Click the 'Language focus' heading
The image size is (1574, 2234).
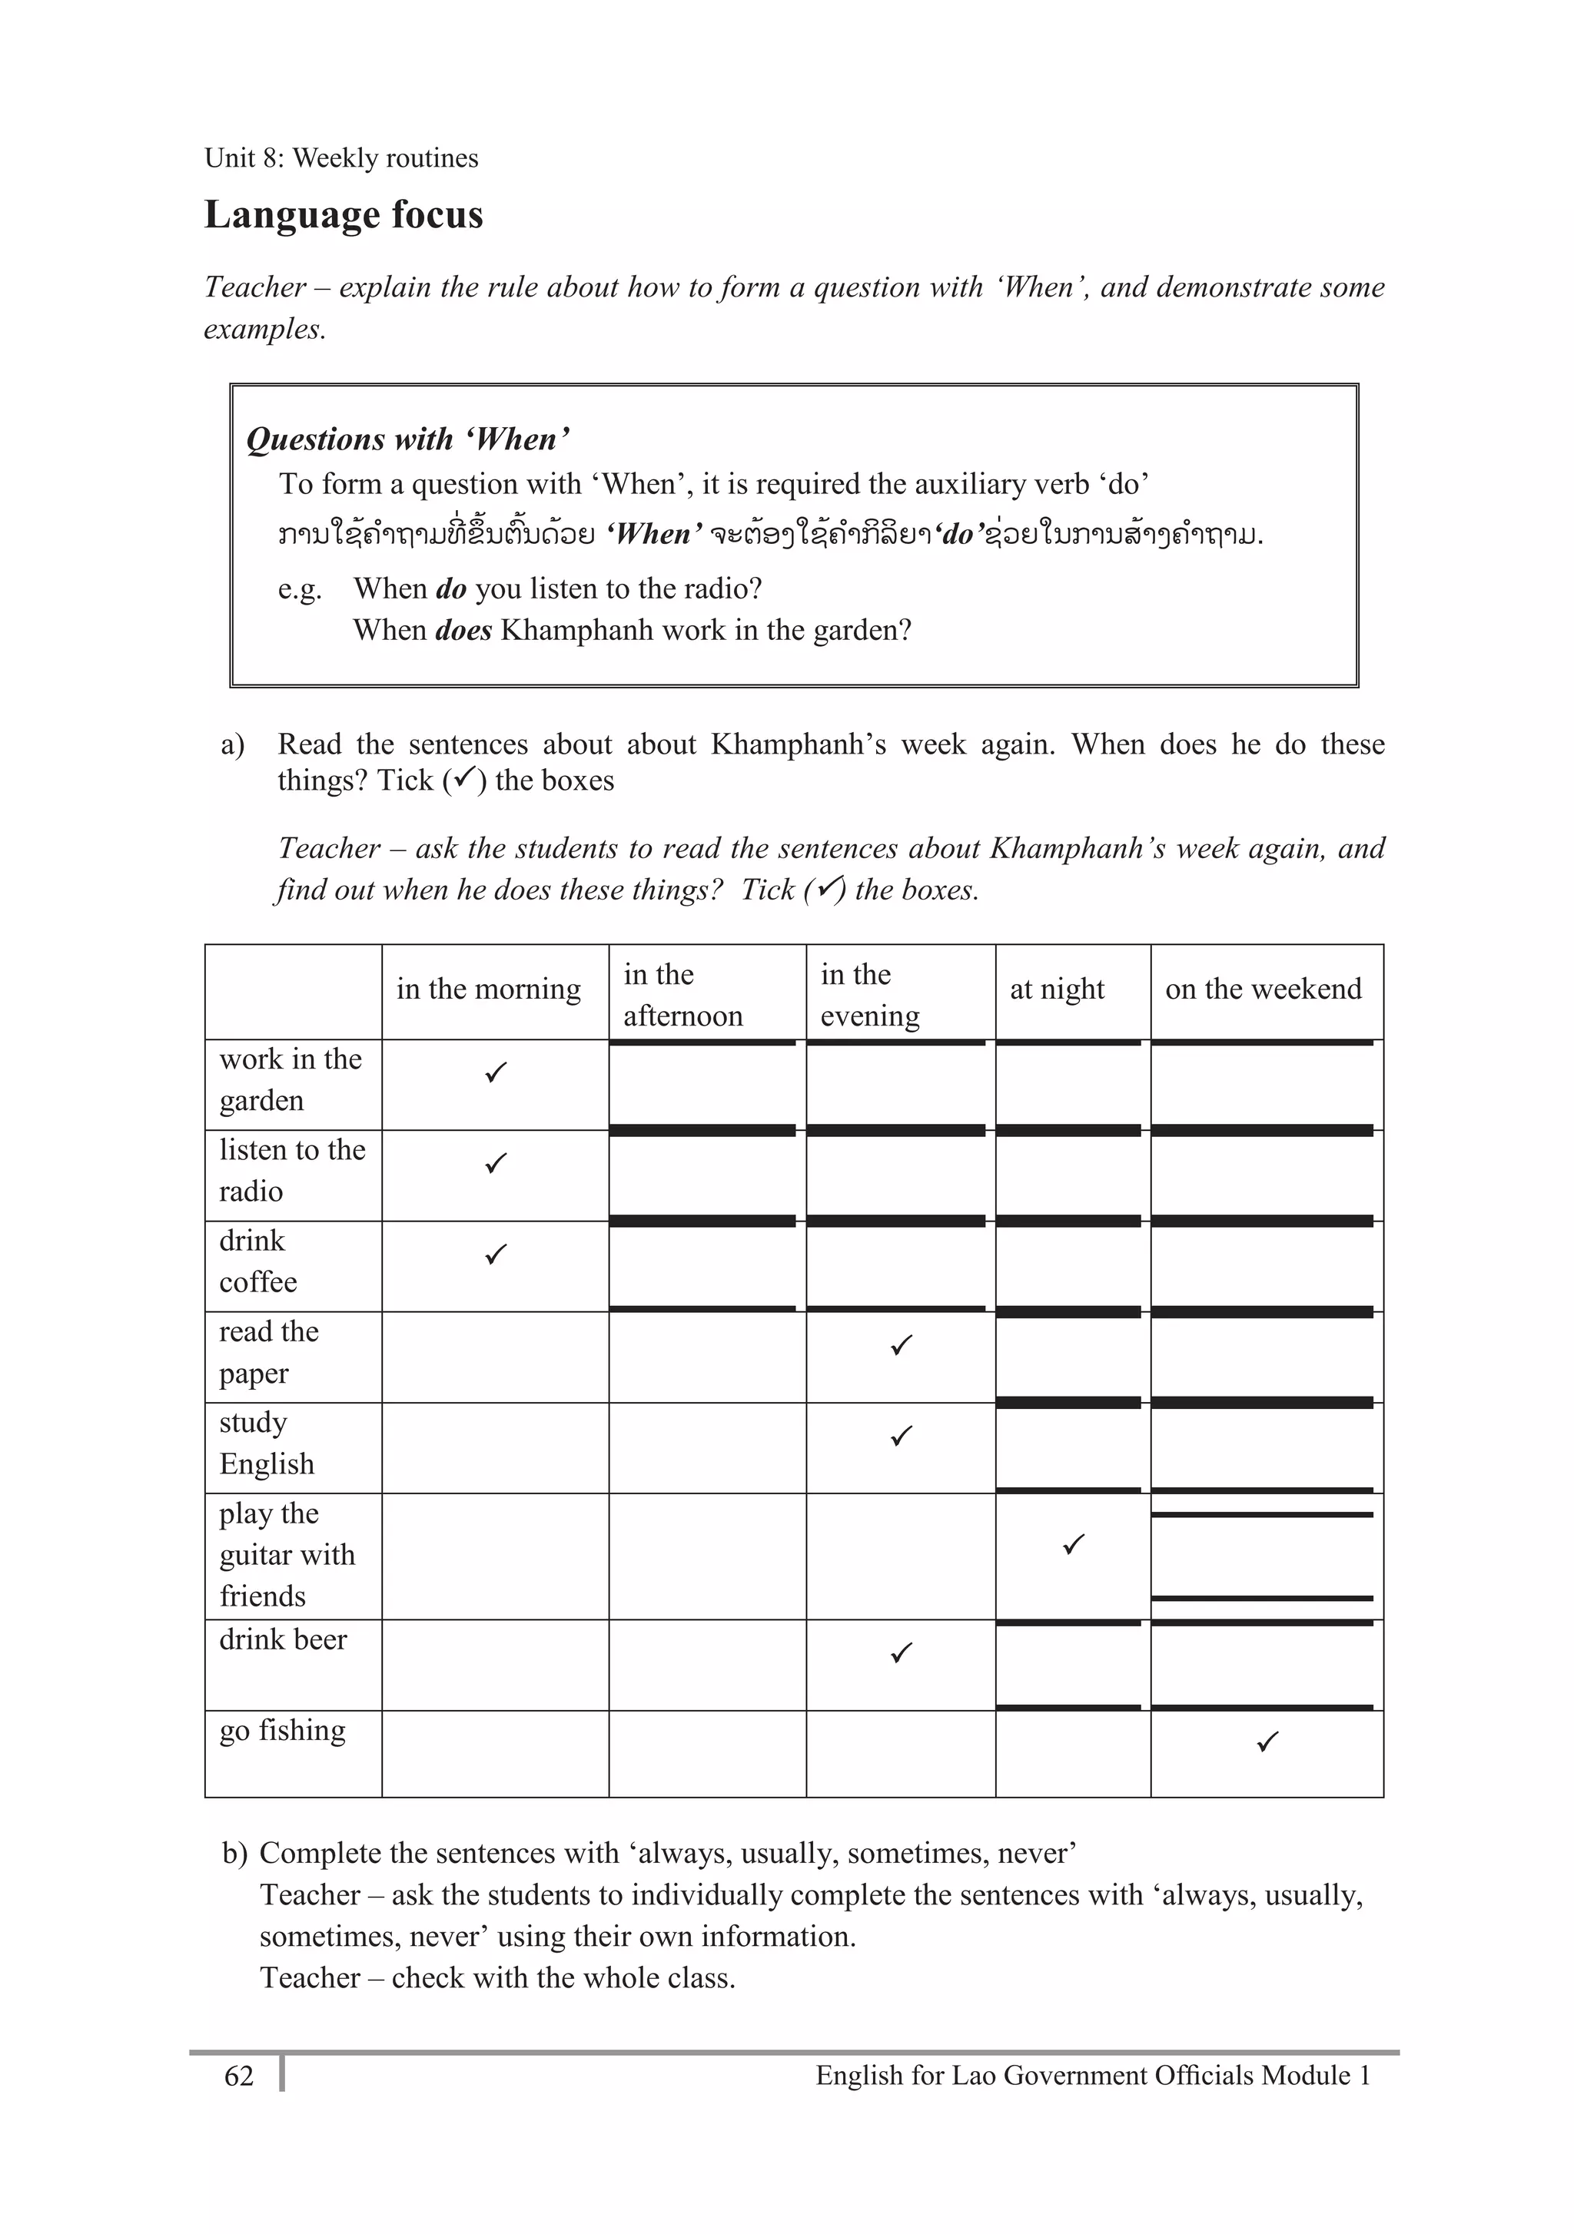coord(343,215)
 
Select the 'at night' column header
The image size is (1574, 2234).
coord(1056,989)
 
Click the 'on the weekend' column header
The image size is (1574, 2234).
coord(1263,989)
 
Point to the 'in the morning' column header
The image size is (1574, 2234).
coord(488,989)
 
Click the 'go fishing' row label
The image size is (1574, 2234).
coord(282,1731)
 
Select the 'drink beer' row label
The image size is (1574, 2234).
coord(282,1639)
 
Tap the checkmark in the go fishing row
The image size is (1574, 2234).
coord(1267,1742)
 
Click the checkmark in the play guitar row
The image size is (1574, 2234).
coord(1074,1544)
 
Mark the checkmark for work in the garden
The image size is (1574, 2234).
coord(496,1073)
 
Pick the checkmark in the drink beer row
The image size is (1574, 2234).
coord(902,1652)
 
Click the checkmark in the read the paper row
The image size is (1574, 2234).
coord(902,1346)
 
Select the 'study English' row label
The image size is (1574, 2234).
coord(267,1443)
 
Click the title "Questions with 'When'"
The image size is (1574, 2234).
coord(407,439)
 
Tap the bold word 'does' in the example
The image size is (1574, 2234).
coord(463,631)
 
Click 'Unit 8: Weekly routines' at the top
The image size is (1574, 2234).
coord(340,158)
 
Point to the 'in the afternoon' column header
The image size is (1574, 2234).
coord(682,994)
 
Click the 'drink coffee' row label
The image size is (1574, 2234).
coord(258,1261)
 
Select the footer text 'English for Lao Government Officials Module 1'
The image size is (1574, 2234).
coord(1092,2077)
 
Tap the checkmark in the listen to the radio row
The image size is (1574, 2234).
coord(496,1164)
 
